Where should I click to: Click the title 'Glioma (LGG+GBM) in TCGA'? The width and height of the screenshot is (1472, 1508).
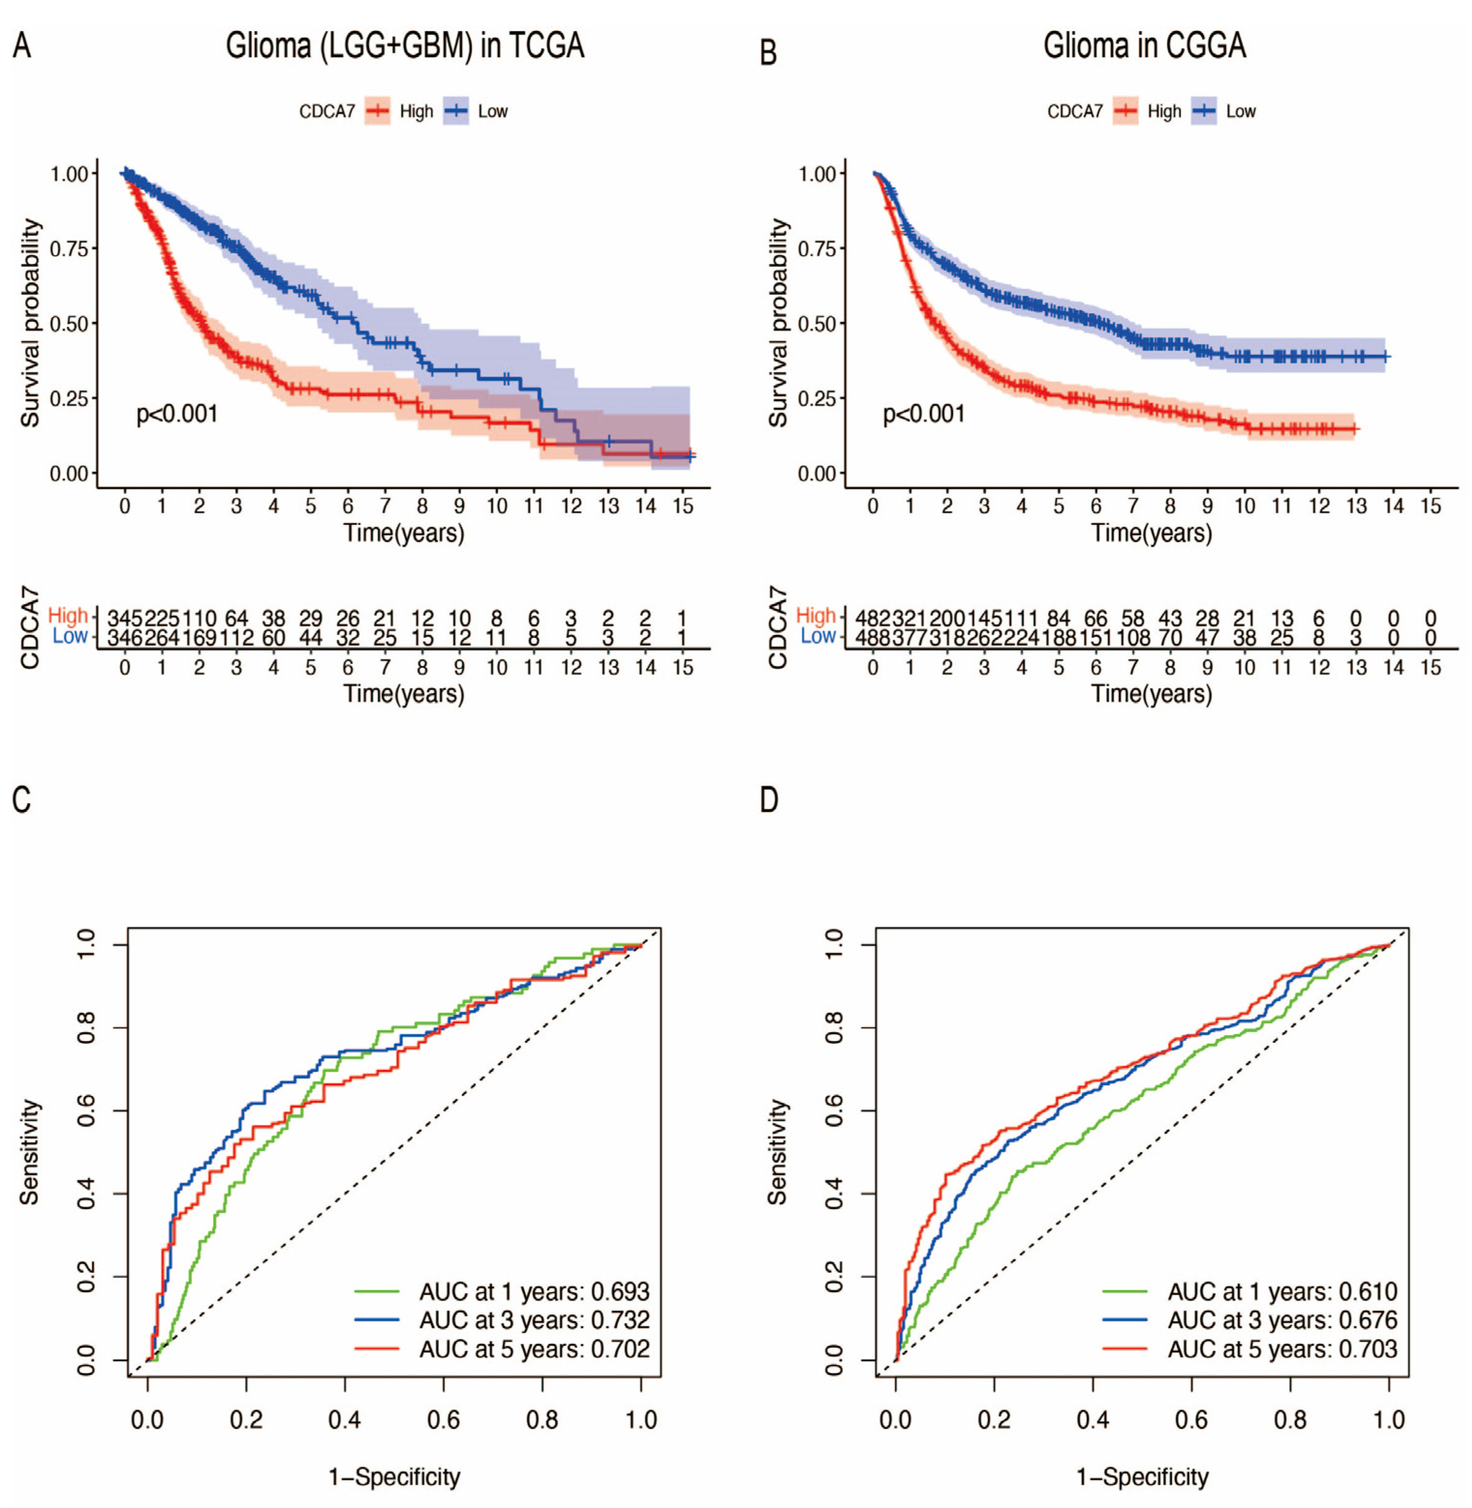405,46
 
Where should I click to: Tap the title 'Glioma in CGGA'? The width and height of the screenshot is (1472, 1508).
1144,46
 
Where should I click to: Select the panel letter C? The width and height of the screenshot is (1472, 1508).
22,799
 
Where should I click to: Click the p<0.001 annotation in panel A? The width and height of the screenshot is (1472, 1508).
177,414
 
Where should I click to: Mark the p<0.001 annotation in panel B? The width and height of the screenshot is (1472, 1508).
924,414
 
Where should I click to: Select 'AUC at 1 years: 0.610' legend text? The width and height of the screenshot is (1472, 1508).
1282,1292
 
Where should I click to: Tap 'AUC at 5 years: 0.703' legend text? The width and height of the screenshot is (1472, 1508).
1282,1350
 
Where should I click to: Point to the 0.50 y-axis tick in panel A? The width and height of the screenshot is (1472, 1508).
69,323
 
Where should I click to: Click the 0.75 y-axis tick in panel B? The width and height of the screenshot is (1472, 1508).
817,248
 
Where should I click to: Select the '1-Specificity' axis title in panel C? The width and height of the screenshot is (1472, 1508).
394,1477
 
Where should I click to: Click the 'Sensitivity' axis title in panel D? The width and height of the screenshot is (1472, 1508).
777,1152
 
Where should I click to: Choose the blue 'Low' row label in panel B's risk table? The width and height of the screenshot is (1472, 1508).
818,637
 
